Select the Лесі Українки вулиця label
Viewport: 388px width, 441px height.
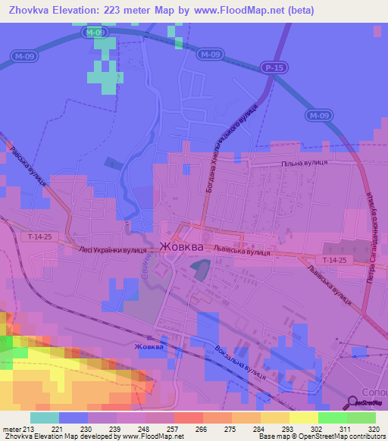click(112, 248)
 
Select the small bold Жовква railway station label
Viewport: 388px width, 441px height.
click(149, 348)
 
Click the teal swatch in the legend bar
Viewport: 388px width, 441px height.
click(44, 418)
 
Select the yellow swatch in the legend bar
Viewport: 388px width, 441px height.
click(303, 418)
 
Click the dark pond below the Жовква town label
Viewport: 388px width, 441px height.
click(200, 268)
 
